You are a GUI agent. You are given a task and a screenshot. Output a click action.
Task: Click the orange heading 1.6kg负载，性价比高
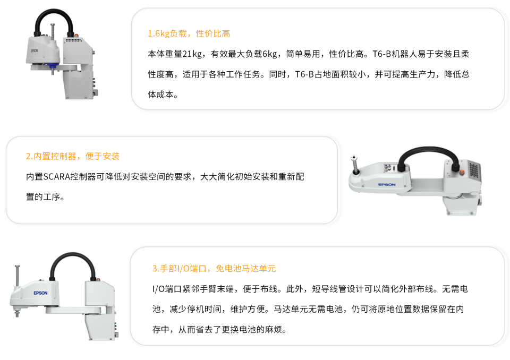coord(189,33)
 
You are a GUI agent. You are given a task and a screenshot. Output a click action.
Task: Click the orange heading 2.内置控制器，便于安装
coord(73,156)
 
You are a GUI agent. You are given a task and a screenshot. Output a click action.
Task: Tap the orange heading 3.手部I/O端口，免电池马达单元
coord(214,268)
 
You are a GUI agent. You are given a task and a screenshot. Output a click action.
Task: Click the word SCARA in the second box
coord(57,177)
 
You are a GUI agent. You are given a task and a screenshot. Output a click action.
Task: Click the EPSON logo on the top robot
coord(35,51)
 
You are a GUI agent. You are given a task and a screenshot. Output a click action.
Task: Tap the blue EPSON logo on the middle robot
coord(387,184)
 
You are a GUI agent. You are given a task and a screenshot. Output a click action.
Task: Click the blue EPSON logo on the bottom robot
coord(40,293)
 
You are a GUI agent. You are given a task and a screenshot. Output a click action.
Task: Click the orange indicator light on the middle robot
coord(462,172)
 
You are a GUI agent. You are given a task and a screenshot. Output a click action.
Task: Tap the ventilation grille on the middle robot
coord(474,170)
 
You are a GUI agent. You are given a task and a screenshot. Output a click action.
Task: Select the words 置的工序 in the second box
coord(43,197)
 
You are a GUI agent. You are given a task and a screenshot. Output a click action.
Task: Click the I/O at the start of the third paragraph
coord(158,289)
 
